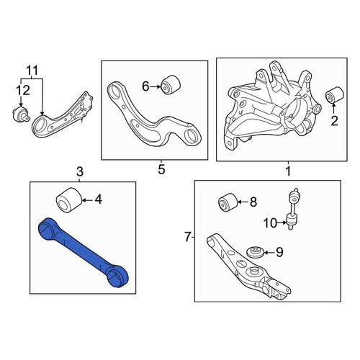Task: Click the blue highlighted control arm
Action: [83, 252]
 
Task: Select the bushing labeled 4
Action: [69, 199]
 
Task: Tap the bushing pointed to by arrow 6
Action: [170, 85]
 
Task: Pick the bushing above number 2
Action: [335, 95]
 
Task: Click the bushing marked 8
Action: [228, 202]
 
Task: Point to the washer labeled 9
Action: [256, 252]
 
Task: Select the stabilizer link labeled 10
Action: [292, 209]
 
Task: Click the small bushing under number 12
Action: [21, 114]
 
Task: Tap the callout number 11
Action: [32, 71]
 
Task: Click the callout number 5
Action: [161, 169]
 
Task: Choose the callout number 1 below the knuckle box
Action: [288, 171]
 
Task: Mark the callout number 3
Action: [80, 172]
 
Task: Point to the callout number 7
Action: [188, 237]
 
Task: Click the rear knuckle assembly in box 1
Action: [272, 108]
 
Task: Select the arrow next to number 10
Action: [282, 222]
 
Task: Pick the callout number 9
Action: [279, 252]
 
